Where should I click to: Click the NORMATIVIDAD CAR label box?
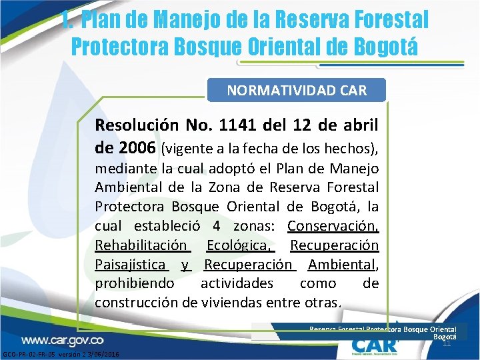pyautogui.click(x=297, y=90)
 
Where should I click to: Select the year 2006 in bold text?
pyautogui.click(x=137, y=146)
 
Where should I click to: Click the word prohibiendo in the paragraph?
pyautogui.click(x=135, y=283)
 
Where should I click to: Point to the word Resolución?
pyautogui.click(x=137, y=125)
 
